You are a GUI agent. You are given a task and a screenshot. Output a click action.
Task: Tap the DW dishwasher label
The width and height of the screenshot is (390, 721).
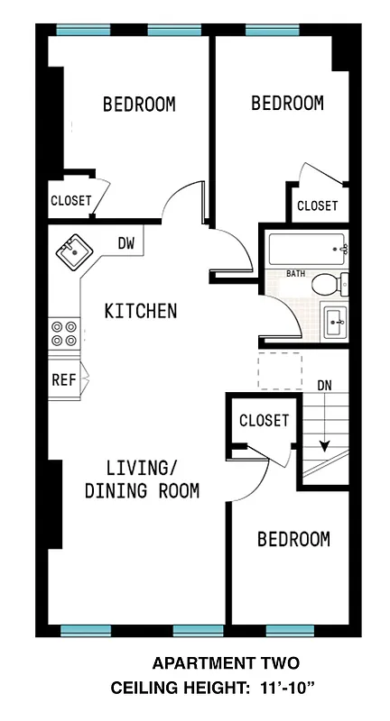[x=127, y=242]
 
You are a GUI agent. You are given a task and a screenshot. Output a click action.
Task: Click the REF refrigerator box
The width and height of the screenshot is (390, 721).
[x=63, y=379]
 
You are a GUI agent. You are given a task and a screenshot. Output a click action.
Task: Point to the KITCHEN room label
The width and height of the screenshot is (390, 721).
[x=141, y=312]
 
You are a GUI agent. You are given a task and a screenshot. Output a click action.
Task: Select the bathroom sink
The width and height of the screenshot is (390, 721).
[x=335, y=319]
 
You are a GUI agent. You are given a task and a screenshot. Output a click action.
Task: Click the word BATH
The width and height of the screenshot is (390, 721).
[x=296, y=273]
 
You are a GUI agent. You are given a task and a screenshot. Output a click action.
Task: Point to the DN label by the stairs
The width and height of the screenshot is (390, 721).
[x=325, y=387]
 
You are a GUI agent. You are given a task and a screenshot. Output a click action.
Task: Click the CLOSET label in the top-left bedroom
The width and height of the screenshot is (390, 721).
[x=70, y=201]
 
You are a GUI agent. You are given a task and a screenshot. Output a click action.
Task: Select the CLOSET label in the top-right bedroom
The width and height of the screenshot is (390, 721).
[x=317, y=206]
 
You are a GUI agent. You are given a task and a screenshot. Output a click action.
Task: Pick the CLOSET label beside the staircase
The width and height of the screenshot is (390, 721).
[x=264, y=421]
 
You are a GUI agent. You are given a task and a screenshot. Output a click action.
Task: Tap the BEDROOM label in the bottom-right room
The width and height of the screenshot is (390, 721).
[x=293, y=539]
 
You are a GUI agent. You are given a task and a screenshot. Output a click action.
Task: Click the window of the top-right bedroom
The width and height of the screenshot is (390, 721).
[x=272, y=31]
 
